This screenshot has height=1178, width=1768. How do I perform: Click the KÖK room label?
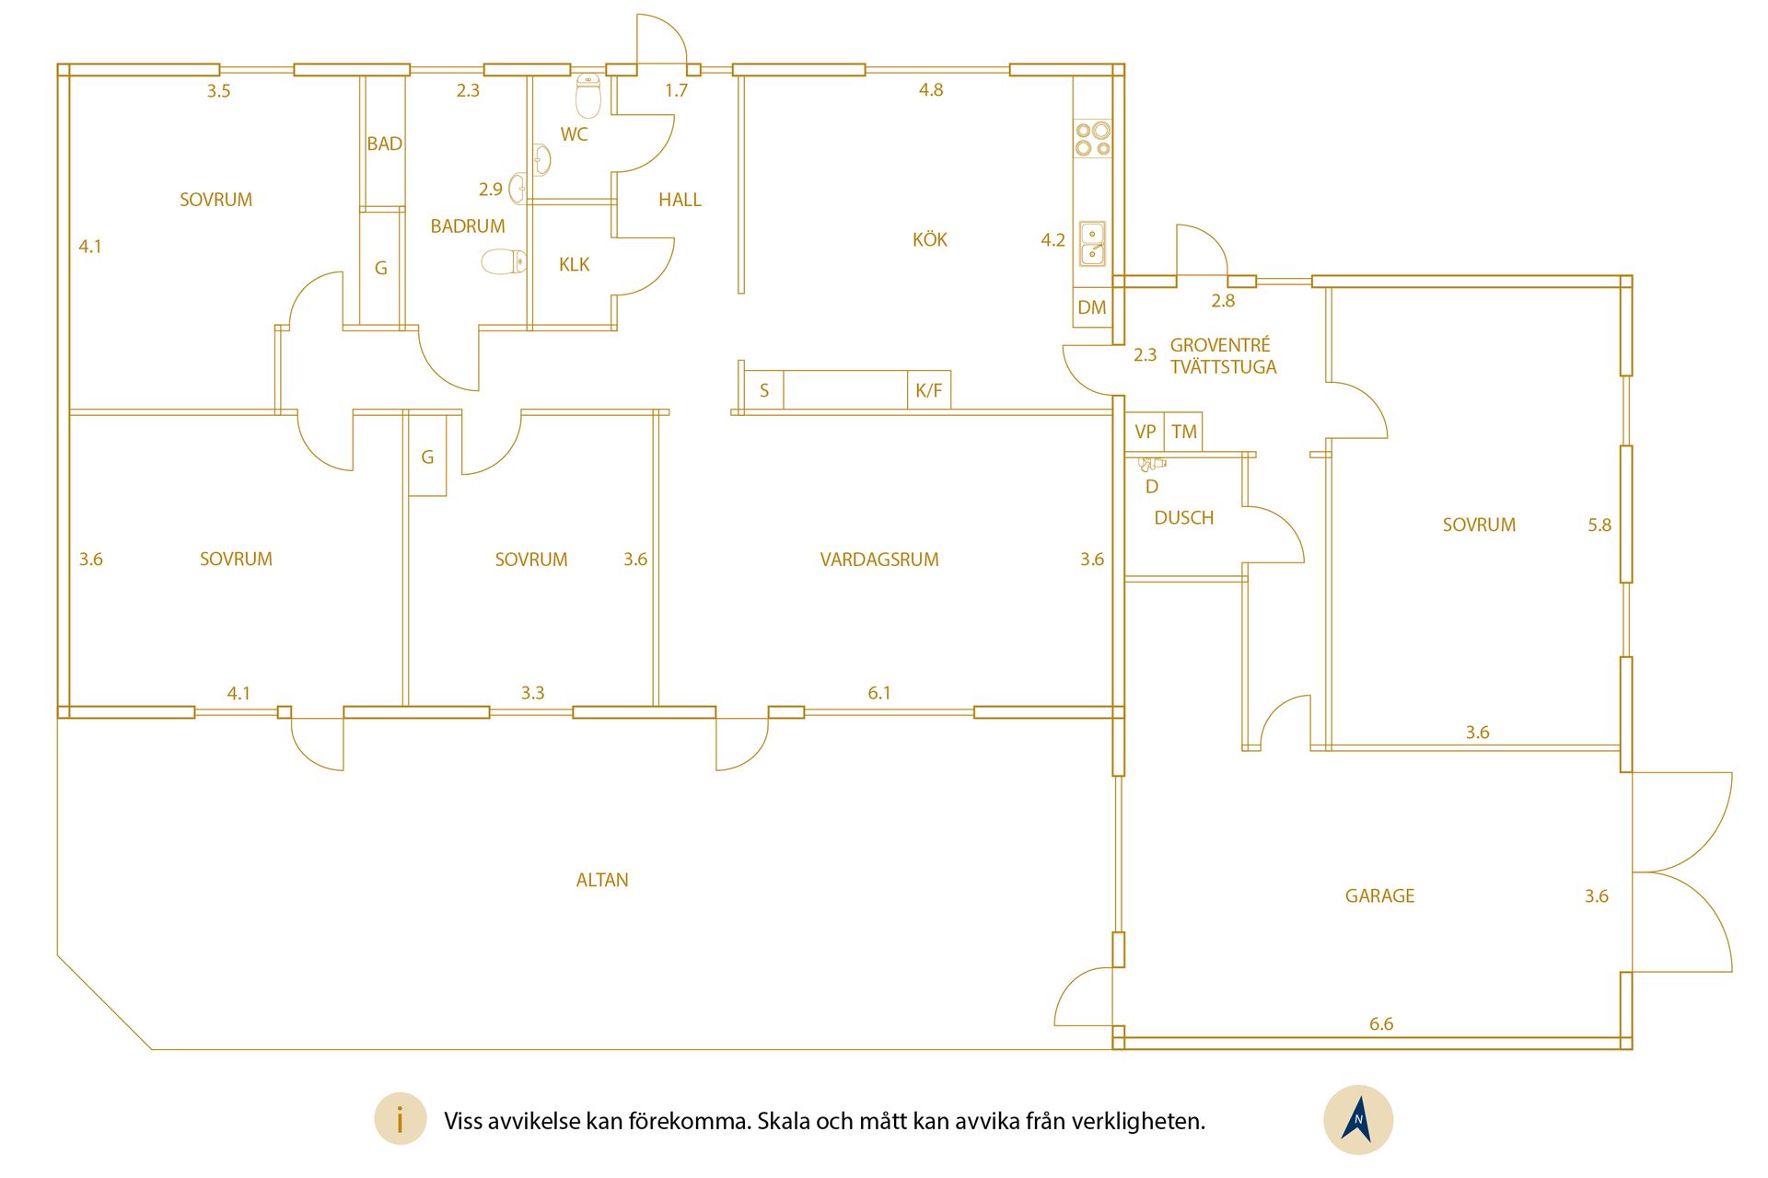pyautogui.click(x=929, y=240)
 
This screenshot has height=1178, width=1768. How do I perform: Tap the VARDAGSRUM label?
pyautogui.click(x=879, y=560)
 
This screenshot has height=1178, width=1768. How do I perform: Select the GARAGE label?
pyautogui.click(x=1379, y=896)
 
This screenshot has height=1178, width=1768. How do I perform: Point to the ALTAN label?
pyautogui.click(x=602, y=880)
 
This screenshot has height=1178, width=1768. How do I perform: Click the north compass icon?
pyautogui.click(x=1358, y=1120)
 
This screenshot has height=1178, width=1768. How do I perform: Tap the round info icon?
pyautogui.click(x=400, y=1120)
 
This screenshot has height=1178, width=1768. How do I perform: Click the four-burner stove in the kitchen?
pyautogui.click(x=1093, y=139)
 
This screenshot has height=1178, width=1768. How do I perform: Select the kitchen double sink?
pyautogui.click(x=1093, y=243)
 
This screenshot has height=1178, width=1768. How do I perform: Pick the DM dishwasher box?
pyautogui.click(x=1092, y=307)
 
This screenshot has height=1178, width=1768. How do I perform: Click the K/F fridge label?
pyautogui.click(x=928, y=390)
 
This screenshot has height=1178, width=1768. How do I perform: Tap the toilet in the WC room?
pyautogui.click(x=588, y=95)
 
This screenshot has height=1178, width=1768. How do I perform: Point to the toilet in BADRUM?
pyautogui.click(x=504, y=261)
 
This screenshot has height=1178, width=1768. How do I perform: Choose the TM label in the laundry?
pyautogui.click(x=1184, y=432)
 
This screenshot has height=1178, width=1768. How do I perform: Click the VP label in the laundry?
pyautogui.click(x=1146, y=432)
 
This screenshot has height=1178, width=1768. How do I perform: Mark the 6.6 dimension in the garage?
pyautogui.click(x=1381, y=1023)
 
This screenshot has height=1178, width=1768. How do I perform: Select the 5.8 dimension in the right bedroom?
pyautogui.click(x=1599, y=525)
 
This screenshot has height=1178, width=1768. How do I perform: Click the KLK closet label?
pyautogui.click(x=574, y=265)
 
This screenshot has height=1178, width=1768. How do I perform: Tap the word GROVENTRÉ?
pyautogui.click(x=1220, y=345)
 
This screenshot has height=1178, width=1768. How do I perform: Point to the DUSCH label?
pyautogui.click(x=1184, y=518)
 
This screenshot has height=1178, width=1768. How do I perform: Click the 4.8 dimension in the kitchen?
pyautogui.click(x=931, y=89)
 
